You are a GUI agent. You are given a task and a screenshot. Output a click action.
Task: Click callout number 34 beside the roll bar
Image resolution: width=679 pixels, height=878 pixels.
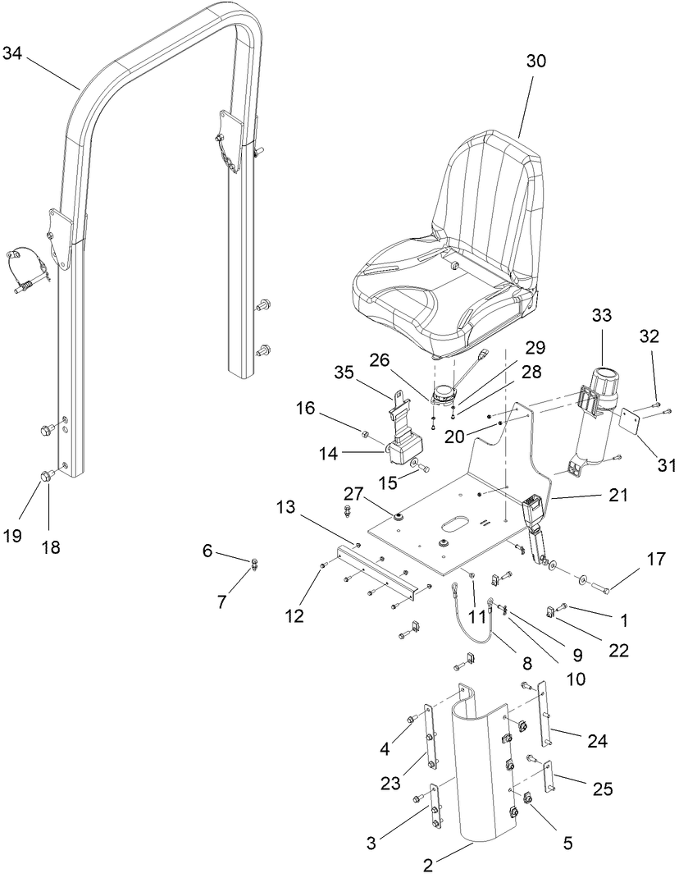pyautogui.click(x=13, y=54)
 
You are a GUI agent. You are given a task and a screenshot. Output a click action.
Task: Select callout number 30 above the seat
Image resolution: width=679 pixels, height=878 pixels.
pyautogui.click(x=535, y=62)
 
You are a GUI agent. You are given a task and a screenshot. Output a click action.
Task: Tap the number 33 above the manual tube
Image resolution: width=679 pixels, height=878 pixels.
pyautogui.click(x=602, y=314)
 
